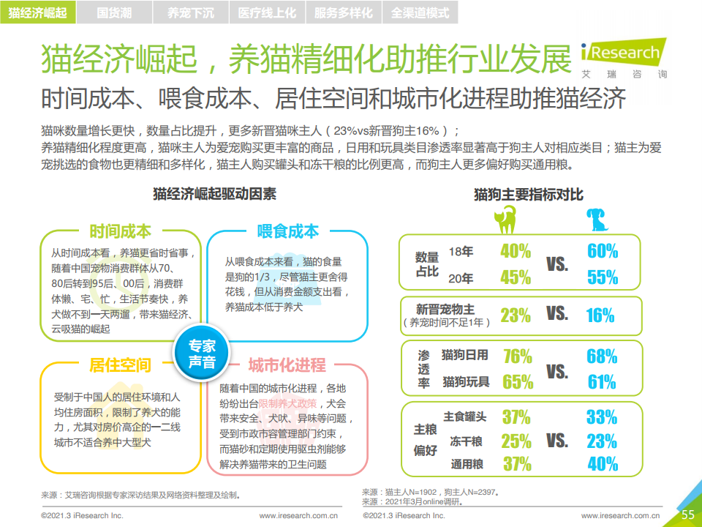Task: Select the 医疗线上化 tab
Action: (x=267, y=12)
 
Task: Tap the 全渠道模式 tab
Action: (x=420, y=12)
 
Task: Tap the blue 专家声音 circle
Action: (x=202, y=354)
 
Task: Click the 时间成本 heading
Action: (x=121, y=231)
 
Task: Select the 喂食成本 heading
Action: (x=288, y=231)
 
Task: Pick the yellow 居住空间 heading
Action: (x=121, y=365)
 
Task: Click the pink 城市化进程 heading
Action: (x=287, y=365)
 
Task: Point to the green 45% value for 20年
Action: (x=516, y=277)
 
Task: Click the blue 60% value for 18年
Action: (x=602, y=251)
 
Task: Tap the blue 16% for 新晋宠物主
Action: (x=600, y=315)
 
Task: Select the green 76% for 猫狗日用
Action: (x=517, y=356)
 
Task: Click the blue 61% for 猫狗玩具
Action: (x=601, y=381)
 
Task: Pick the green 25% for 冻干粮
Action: (x=516, y=441)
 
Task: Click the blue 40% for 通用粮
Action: (x=603, y=463)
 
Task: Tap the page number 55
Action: (x=687, y=515)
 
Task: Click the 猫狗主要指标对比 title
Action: (x=528, y=194)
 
